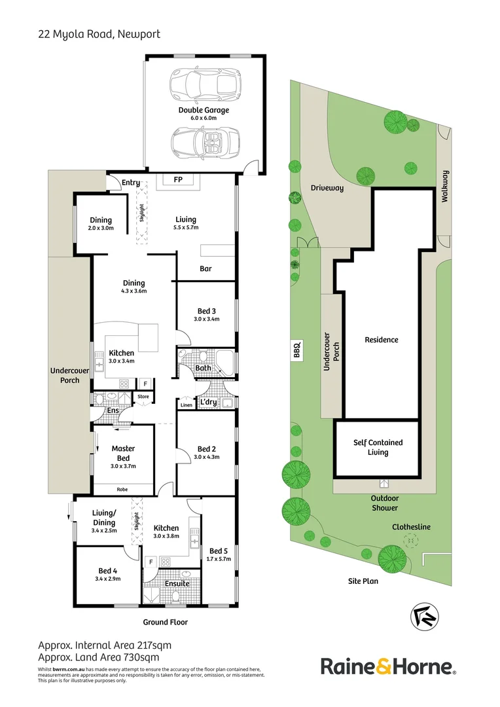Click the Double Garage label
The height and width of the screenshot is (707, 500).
point(204,110)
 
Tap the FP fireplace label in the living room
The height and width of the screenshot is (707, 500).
point(177,179)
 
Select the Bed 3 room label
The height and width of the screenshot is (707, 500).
point(206,311)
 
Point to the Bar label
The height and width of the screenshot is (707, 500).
point(205,268)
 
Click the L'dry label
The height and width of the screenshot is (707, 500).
point(208,402)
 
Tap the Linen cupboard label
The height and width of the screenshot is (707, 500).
point(186,406)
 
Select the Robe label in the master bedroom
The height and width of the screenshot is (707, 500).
point(122,488)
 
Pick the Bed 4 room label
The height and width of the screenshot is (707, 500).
point(108,570)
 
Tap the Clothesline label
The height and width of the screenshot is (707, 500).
point(410,526)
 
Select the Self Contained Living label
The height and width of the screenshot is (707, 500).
point(378,447)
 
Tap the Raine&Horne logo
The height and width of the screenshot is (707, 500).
point(388,667)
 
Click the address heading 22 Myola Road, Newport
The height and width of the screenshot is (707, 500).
point(99,33)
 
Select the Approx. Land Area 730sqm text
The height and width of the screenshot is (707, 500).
point(99,657)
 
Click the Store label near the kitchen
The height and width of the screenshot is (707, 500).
point(143,396)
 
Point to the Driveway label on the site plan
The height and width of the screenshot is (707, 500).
point(327,188)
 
